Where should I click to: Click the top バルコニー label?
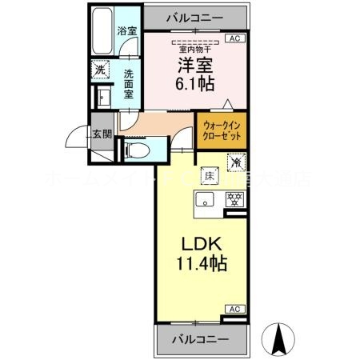(x=195, y=16)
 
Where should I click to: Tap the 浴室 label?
(x=126, y=31)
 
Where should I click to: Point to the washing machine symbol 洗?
(x=100, y=70)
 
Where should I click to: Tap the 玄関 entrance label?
(x=100, y=133)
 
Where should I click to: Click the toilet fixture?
(x=135, y=150)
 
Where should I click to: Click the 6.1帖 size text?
(x=195, y=83)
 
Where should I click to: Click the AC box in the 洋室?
(x=235, y=37)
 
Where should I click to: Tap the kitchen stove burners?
(x=235, y=199)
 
